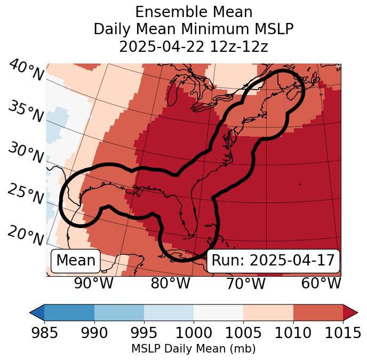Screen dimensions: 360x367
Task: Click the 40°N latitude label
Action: (x=26, y=71)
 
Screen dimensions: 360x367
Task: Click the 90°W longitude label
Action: (x=94, y=284)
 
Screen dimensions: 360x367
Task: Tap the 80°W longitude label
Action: (x=170, y=284)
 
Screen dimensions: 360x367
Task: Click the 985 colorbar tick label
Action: (x=44, y=333)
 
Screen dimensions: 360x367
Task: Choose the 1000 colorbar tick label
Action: (x=194, y=333)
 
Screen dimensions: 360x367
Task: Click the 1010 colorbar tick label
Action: (x=293, y=333)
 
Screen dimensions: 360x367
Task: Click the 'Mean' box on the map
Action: (x=76, y=261)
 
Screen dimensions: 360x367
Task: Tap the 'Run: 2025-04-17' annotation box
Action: (x=273, y=261)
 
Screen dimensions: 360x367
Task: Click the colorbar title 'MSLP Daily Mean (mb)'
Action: (x=193, y=349)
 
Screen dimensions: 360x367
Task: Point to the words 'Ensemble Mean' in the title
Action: (x=194, y=12)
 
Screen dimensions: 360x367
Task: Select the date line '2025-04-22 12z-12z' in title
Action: (x=194, y=46)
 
